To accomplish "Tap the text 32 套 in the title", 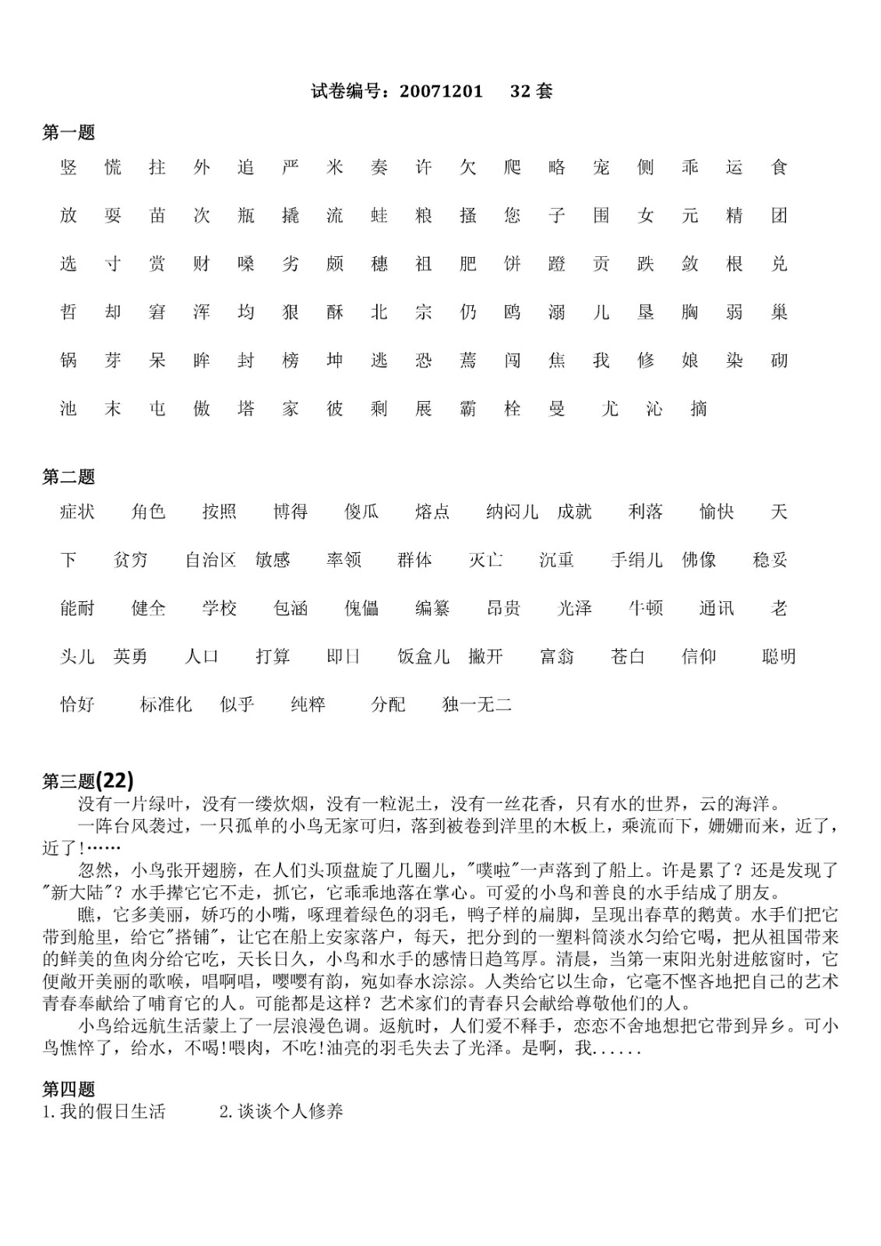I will (531, 91).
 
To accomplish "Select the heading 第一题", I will (69, 133).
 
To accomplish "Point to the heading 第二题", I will (69, 477).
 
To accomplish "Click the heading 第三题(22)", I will (88, 780).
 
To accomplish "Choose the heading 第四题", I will (69, 1089).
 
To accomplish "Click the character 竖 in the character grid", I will (69, 167).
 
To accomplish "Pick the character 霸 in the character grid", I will (467, 409).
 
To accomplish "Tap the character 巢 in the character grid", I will (779, 312).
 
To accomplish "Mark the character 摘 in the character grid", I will (699, 409).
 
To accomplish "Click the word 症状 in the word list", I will (77, 512).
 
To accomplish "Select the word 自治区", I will (210, 560).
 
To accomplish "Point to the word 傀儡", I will (361, 608).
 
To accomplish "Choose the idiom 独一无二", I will (477, 705).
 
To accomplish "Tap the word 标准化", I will (166, 705).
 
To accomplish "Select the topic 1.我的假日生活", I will (104, 1112).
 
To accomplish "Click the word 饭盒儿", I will (424, 656).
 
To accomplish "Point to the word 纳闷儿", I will (512, 512).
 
